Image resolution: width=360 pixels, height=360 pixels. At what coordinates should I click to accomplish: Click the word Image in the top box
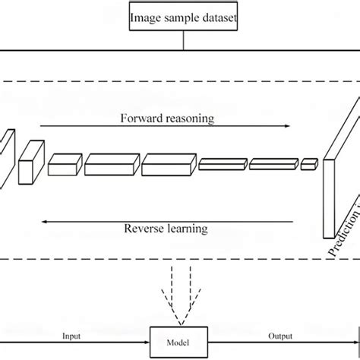(x=147, y=16)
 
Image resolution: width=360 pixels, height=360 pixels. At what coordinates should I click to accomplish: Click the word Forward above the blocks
(x=141, y=118)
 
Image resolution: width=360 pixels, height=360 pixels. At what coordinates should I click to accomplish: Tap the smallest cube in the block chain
(x=308, y=163)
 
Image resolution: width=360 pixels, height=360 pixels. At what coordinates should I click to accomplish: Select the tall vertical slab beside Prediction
(x=332, y=194)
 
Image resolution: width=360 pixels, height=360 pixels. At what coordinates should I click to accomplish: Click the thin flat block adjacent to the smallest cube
(x=273, y=163)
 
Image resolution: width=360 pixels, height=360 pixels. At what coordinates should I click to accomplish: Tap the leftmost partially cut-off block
(x=6, y=156)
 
